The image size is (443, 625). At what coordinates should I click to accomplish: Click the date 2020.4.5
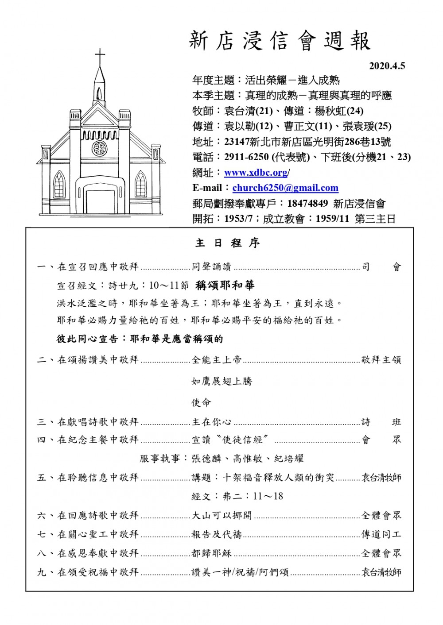[387, 66]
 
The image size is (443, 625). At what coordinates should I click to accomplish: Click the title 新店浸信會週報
[280, 41]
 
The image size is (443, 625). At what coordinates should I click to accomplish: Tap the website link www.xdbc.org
[256, 173]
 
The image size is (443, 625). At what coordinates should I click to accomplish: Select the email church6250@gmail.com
[285, 188]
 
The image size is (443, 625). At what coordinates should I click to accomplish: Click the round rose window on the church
[100, 148]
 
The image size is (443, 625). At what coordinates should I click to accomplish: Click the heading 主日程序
[227, 243]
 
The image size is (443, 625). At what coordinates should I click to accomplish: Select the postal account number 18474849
[307, 204]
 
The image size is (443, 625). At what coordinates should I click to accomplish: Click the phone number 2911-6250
[246, 157]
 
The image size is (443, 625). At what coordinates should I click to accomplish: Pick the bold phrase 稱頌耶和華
[225, 285]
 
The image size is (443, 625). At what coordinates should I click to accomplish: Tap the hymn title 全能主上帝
[217, 360]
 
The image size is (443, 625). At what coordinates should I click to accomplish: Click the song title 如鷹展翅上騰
[221, 381]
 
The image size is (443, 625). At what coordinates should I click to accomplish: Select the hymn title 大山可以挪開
[221, 515]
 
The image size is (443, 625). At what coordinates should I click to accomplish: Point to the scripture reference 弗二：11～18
[237, 496]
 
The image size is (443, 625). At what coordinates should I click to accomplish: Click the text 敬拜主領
[381, 360]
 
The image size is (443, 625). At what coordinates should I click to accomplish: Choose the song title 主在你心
[212, 422]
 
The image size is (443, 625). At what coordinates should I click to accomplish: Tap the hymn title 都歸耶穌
[212, 553]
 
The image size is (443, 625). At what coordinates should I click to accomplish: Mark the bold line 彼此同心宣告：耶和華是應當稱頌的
[140, 339]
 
